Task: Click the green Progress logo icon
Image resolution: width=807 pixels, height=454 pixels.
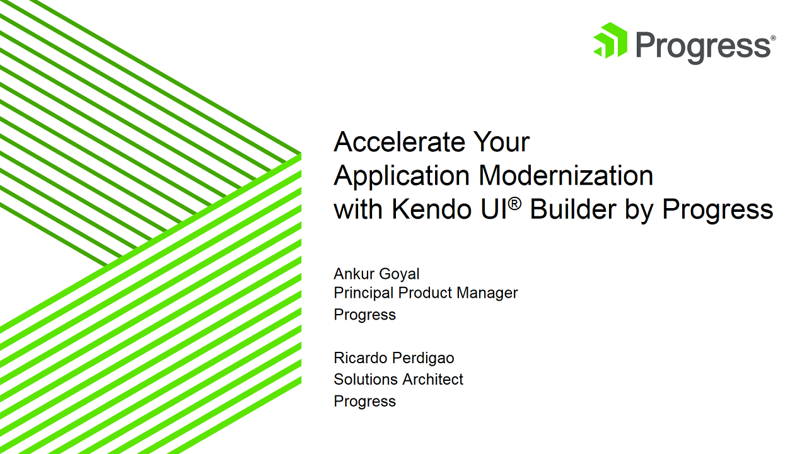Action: click(610, 42)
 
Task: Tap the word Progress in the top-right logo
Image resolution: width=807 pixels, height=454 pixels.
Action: click(702, 45)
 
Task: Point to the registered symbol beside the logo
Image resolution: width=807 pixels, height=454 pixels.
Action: click(773, 38)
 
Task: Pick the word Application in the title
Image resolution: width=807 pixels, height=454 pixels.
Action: click(402, 176)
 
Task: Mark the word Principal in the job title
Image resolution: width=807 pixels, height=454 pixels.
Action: click(364, 293)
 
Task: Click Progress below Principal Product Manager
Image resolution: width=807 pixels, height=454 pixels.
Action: click(364, 315)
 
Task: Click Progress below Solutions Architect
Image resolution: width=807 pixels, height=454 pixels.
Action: click(364, 402)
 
